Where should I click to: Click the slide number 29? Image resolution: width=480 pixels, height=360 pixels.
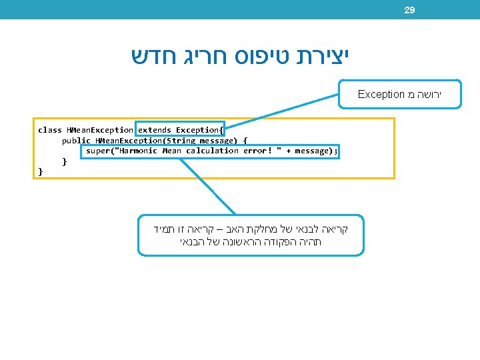click(409, 10)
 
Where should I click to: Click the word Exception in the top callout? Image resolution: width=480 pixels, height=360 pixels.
click(381, 95)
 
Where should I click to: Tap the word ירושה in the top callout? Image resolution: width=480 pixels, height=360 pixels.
click(427, 95)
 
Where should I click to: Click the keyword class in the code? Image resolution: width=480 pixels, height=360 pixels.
click(50, 130)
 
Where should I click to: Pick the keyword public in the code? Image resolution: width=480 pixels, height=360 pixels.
click(76, 141)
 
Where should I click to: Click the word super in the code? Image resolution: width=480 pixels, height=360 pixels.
click(97, 151)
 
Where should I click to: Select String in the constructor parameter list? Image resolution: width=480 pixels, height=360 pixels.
click(179, 141)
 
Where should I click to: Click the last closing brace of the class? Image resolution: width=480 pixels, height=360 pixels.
click(41, 172)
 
